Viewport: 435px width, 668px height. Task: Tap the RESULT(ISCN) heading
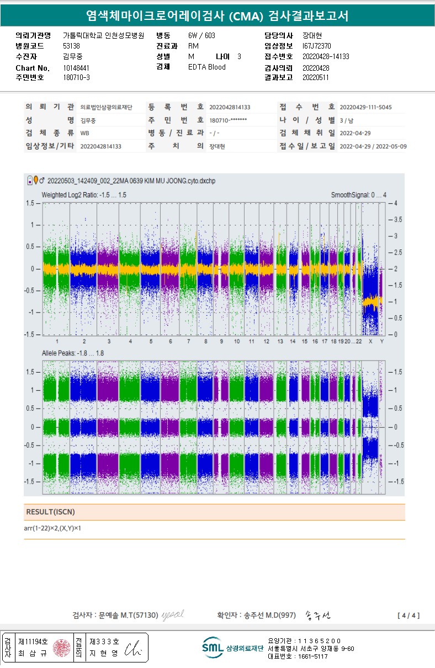51,512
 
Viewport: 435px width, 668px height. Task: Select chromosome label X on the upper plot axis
370,342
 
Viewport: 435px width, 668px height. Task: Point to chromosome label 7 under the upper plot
188,342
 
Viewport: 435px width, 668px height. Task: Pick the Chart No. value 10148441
76,68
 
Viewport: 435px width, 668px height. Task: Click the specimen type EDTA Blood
206,67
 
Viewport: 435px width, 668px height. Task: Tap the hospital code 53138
72,46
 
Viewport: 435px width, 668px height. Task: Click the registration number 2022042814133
230,107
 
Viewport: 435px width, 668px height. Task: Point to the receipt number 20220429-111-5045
365,107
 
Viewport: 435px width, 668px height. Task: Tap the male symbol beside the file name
43,180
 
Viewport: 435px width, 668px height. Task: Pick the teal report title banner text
217,15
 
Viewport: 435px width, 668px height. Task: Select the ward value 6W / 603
201,35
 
